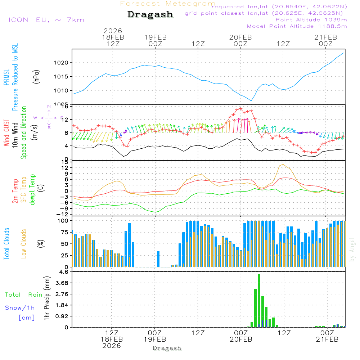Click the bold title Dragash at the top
(150, 14)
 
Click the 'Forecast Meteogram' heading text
(168, 4)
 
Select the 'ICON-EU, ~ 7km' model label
(46, 20)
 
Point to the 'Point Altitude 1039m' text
(311, 19)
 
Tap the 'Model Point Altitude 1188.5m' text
(297, 26)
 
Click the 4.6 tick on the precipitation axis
(64, 272)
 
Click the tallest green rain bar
(259, 301)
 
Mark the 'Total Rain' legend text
(23, 294)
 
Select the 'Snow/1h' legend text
(20, 308)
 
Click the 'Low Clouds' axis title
(24, 243)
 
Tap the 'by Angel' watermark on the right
(352, 250)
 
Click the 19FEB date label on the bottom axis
(155, 339)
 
